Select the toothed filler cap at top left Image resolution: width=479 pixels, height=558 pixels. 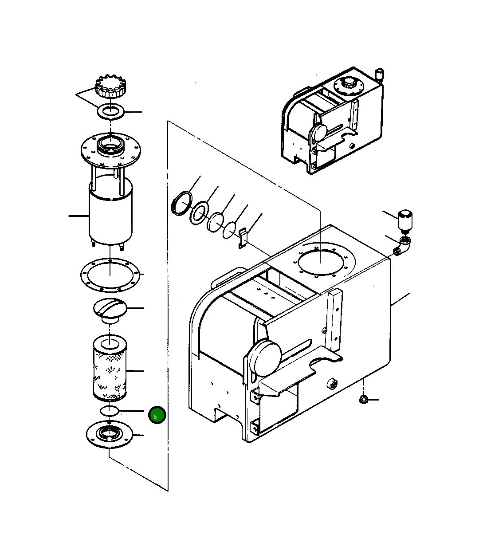[109, 87]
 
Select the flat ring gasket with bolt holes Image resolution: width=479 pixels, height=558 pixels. [110, 275]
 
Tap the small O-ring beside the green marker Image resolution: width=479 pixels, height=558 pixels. [109, 410]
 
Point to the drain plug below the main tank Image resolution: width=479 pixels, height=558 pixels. [363, 401]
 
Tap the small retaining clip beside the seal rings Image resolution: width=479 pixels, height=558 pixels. [242, 238]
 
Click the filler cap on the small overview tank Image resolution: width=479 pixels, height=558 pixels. [347, 85]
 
